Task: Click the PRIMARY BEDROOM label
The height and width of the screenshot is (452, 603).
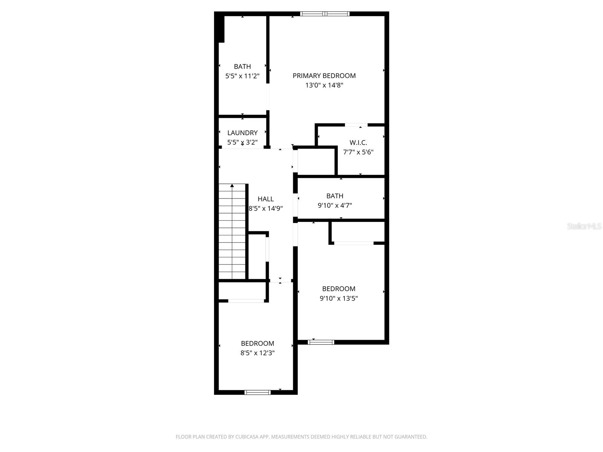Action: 324,76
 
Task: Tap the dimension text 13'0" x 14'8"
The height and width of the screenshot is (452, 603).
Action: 324,85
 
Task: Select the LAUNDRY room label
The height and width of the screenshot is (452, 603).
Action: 242,133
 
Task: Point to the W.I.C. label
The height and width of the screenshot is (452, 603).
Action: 358,143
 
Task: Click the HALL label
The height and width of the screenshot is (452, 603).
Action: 266,199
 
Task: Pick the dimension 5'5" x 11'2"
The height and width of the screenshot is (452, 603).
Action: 242,76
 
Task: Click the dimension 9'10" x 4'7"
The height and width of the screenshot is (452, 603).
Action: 335,205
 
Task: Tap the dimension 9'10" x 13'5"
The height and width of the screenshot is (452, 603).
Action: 338,298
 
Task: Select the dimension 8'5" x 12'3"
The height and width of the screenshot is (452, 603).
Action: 257,353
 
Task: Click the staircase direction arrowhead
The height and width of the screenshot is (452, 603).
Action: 232,185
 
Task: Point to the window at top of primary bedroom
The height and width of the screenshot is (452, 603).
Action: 325,14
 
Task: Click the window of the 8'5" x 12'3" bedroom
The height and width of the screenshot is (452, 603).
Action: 258,392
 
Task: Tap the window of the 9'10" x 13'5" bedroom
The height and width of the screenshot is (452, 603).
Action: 321,342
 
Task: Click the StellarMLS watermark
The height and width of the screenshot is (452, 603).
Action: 584,226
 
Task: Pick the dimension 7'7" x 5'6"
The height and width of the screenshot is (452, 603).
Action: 358,152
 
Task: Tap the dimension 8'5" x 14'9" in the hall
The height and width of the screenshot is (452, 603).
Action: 266,208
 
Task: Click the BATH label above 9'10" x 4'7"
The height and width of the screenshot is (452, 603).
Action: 335,196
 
